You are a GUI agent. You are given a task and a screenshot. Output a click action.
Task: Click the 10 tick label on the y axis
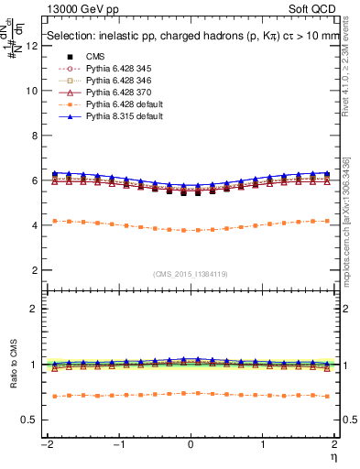coord(33,91)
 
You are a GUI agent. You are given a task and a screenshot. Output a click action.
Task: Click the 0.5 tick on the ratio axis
coord(32,420)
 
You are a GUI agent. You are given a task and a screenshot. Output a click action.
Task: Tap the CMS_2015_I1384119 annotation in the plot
coord(191,274)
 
